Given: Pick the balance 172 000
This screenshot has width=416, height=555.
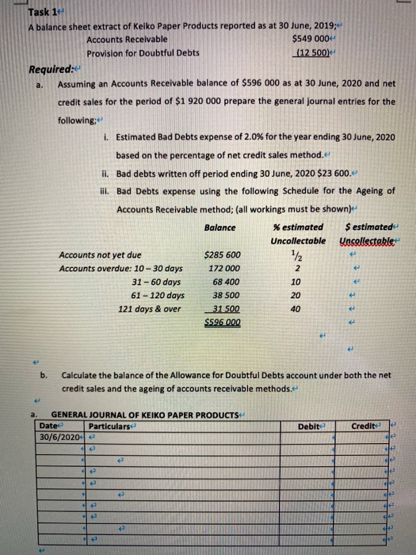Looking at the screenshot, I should [223, 269].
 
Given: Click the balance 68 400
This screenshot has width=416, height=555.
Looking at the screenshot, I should [223, 282].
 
